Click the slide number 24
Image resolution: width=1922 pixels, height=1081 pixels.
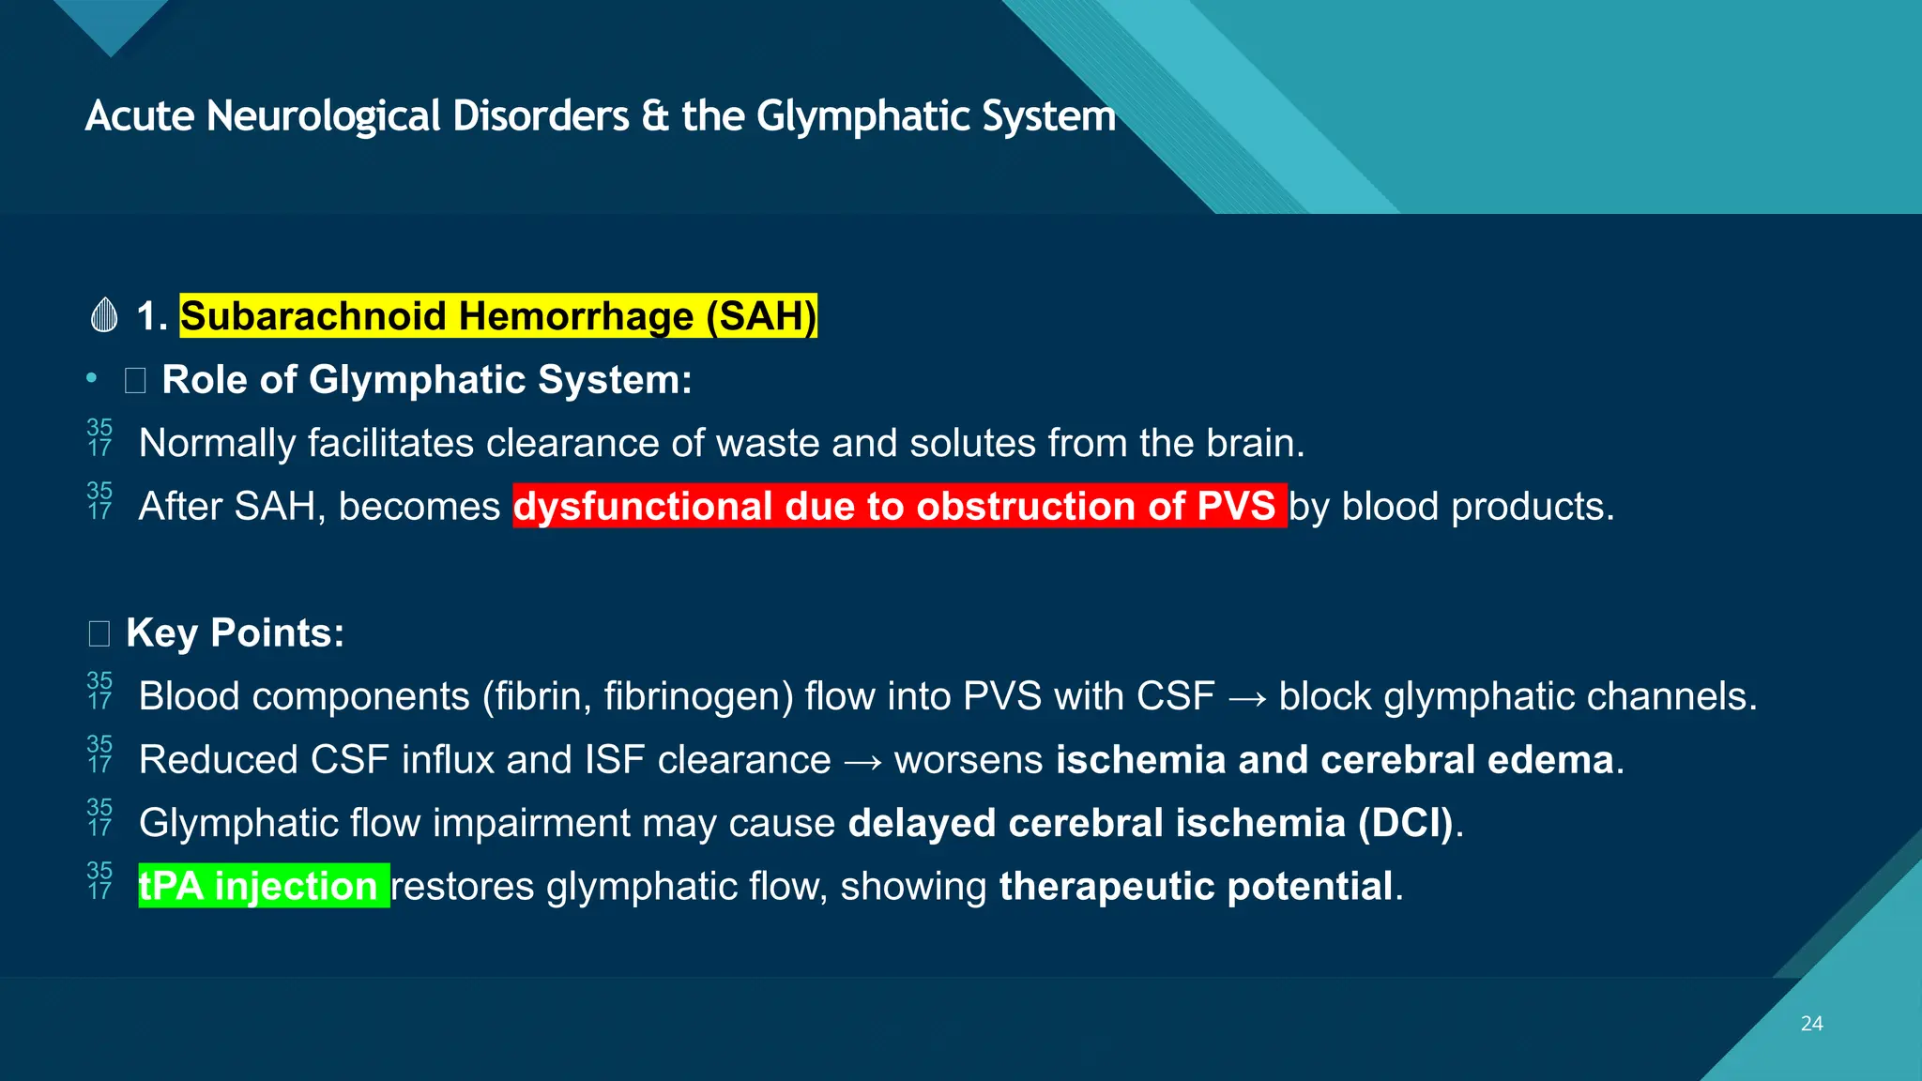1811,1024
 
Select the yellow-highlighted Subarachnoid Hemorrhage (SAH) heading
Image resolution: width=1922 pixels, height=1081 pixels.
498,316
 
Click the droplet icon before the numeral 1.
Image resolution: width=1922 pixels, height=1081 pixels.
104,315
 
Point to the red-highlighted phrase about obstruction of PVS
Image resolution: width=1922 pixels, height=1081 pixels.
899,507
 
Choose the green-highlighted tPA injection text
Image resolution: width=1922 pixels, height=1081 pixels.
263,887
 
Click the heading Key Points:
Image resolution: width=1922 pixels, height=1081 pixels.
235,633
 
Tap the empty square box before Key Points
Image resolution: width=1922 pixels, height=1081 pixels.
99,634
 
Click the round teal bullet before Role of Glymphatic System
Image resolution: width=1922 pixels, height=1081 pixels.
91,378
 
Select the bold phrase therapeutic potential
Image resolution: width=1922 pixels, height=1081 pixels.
1196,887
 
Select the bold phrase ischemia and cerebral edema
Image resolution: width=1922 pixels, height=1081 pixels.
1335,760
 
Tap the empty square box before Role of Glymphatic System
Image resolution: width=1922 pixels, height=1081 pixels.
135,381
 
